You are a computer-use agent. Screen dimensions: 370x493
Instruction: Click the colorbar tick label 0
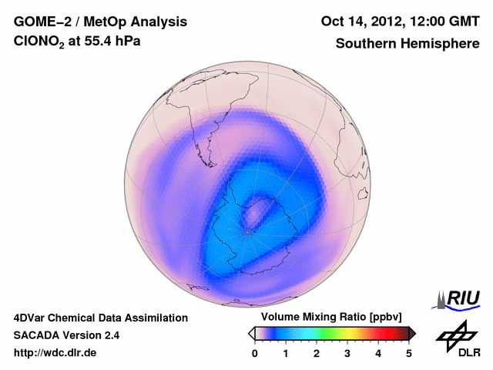coord(255,353)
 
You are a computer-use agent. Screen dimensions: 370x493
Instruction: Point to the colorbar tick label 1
coord(286,353)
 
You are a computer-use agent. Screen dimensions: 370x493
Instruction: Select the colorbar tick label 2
coord(317,353)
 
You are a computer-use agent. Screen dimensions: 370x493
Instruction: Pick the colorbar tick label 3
coord(347,353)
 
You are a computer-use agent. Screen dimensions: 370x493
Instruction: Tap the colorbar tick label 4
coord(378,353)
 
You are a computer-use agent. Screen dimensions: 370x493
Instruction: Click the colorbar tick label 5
coord(409,353)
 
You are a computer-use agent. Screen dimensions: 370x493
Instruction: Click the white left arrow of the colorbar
coord(251,333)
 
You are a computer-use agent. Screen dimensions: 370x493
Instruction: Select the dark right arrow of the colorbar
coord(413,333)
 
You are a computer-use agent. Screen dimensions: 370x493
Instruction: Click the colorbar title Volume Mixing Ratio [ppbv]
coord(332,318)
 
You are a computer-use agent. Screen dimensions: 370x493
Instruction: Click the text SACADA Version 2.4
coord(66,335)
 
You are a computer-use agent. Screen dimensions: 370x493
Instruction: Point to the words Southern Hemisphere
coord(407,44)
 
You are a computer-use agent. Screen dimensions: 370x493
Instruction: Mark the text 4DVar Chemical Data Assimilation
coord(100,318)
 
